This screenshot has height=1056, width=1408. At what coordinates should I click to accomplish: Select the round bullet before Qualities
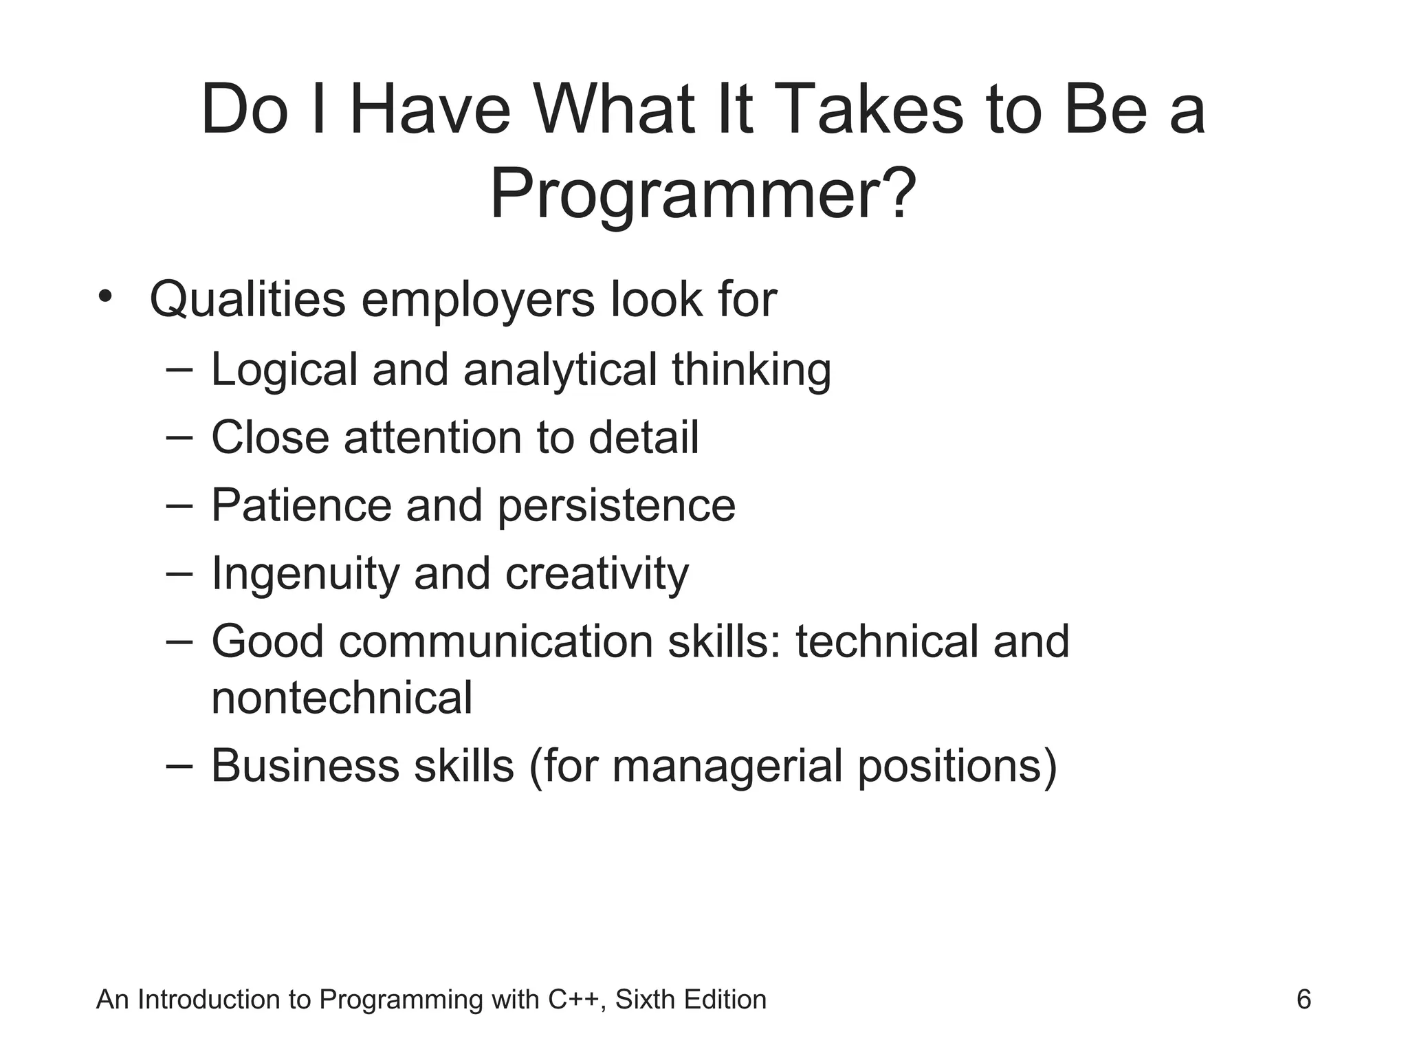[x=104, y=297]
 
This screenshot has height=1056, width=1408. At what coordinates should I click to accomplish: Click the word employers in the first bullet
[x=478, y=300]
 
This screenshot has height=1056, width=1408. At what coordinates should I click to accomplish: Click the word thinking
[x=751, y=370]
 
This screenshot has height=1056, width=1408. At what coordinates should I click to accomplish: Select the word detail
[x=643, y=437]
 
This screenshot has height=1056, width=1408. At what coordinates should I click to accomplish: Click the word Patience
[x=301, y=505]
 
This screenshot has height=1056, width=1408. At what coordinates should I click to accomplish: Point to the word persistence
[x=616, y=505]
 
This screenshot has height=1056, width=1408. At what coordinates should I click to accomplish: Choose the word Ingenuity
[x=305, y=573]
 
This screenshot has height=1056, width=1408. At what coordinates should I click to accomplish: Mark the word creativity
[x=597, y=573]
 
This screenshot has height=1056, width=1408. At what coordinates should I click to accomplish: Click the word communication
[x=496, y=641]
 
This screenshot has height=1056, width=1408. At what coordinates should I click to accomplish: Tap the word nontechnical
[x=342, y=698]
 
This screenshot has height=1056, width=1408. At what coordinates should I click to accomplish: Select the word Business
[x=305, y=765]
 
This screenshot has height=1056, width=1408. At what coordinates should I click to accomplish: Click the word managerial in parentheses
[x=727, y=765]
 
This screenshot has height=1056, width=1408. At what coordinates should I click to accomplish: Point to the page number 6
[x=1303, y=999]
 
